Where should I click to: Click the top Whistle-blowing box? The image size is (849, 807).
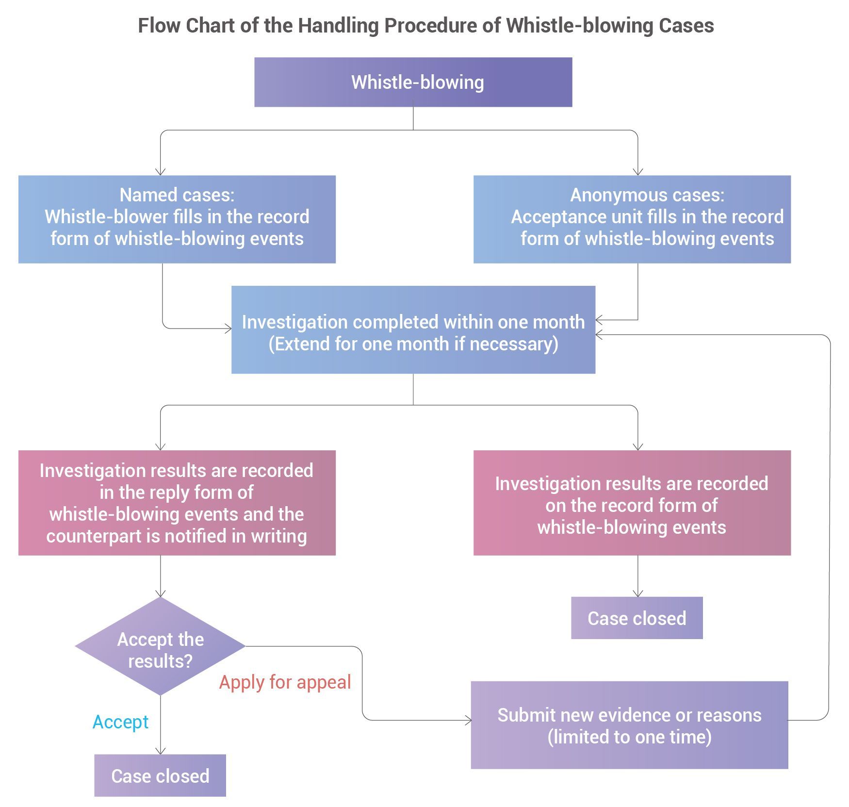click(x=413, y=82)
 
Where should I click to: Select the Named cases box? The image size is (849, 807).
click(x=177, y=219)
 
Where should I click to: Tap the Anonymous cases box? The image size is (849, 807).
click(x=632, y=219)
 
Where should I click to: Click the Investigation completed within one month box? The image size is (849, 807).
click(x=413, y=329)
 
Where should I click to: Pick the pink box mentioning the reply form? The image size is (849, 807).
click(x=177, y=502)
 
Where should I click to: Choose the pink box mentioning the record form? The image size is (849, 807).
click(x=632, y=502)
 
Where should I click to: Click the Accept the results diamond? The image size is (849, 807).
click(x=160, y=646)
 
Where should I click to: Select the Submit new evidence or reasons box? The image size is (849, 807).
click(x=629, y=725)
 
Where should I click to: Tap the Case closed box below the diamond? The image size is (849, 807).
click(x=160, y=775)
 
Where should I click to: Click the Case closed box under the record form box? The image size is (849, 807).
click(x=637, y=618)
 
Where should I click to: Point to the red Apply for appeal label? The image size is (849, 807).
click(x=285, y=682)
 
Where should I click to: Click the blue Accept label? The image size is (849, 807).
click(x=120, y=722)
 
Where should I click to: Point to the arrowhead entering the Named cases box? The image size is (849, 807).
click(x=161, y=172)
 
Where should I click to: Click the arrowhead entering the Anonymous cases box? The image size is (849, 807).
click(x=638, y=172)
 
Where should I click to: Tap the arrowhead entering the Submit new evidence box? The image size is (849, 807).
click(x=468, y=720)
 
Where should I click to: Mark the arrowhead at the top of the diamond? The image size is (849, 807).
click(x=161, y=593)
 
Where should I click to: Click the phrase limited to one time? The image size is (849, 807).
click(x=629, y=737)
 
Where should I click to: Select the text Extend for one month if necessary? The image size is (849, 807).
click(x=413, y=344)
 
